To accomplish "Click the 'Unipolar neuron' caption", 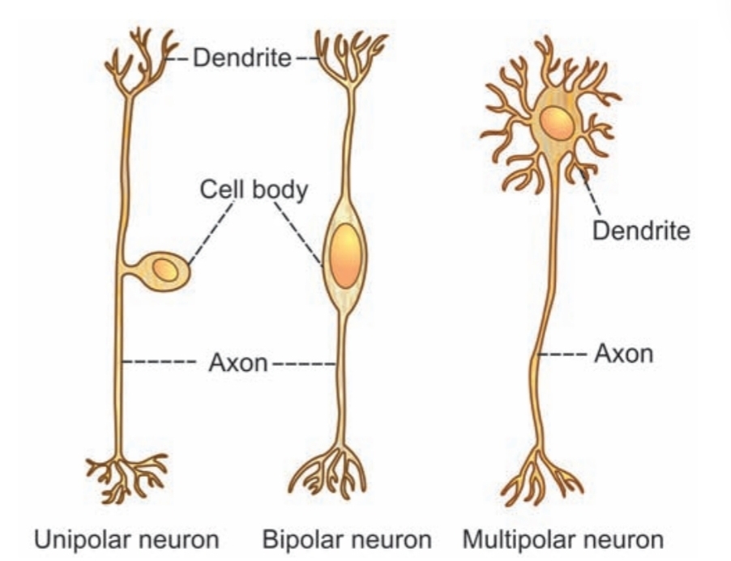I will coord(126,538).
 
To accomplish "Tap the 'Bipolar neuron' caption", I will coord(347,538).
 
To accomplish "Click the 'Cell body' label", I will coord(254,192).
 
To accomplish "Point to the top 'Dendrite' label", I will coord(242,59).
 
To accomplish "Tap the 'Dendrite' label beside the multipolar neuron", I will coord(641,232).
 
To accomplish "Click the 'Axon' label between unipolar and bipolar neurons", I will coord(237,362).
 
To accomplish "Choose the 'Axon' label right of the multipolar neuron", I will coord(623,354).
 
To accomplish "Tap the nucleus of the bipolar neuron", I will coord(345,255).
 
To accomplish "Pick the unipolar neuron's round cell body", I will coord(165,271).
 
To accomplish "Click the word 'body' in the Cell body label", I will coord(280,192).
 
